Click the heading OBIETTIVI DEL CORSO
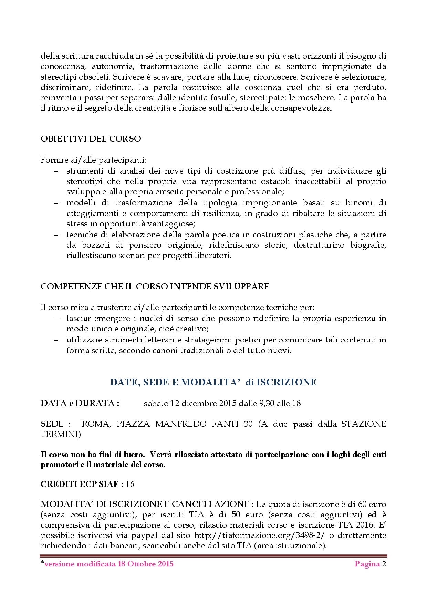91,139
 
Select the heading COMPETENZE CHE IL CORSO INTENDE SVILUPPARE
155,287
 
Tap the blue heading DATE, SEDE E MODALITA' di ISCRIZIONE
213,382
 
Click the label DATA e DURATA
80,403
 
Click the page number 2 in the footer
384,564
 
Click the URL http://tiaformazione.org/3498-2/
259,535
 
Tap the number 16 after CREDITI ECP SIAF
130,484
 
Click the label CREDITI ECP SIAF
82,484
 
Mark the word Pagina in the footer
367,564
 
